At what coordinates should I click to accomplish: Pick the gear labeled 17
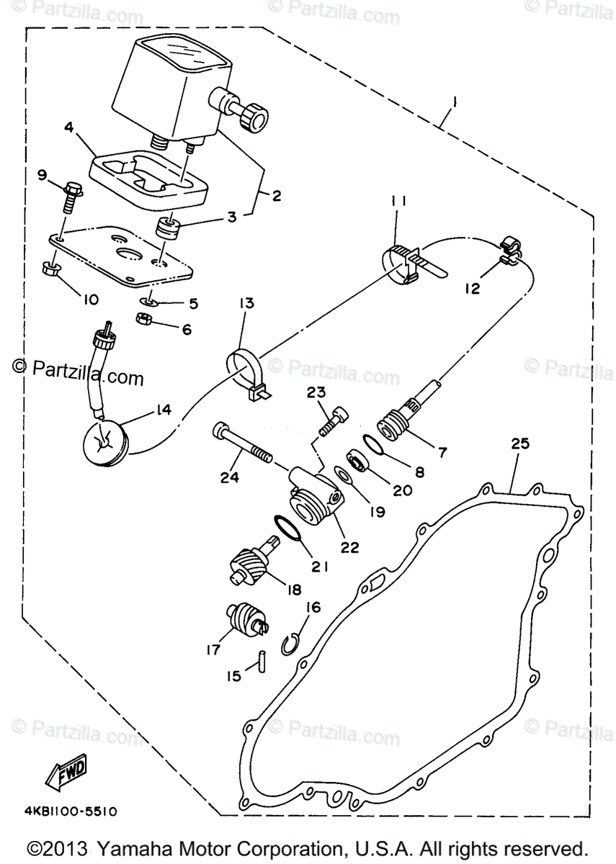click(x=245, y=618)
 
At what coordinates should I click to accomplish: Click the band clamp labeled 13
click(x=245, y=371)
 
